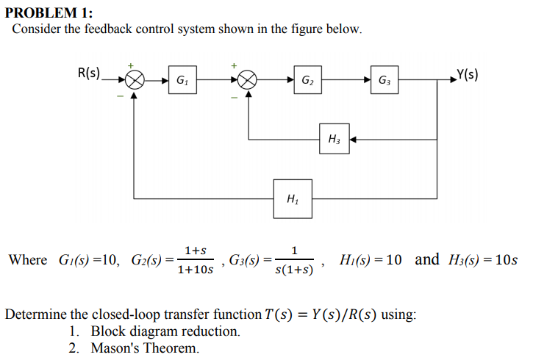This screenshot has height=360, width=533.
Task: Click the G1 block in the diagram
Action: point(181,80)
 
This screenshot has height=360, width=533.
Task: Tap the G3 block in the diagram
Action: point(385,80)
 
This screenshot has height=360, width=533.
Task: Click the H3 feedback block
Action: point(333,139)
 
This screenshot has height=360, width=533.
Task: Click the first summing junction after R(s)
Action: point(134,80)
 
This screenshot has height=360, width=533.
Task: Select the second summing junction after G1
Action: point(249,80)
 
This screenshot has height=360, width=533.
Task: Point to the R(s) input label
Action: point(89,73)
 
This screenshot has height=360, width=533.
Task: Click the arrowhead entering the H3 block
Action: point(352,139)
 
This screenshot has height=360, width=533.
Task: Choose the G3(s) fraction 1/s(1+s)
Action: point(294,261)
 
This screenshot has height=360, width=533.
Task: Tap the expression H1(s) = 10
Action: point(371,259)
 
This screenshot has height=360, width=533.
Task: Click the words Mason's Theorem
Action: point(144,348)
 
